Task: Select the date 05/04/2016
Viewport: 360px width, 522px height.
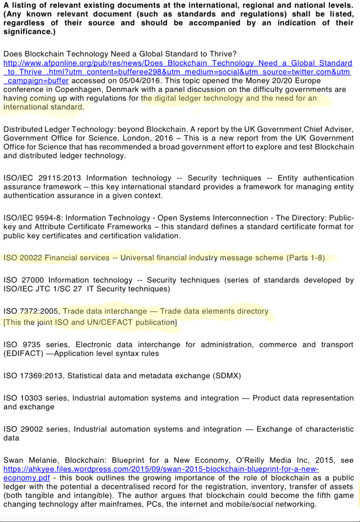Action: tap(139, 81)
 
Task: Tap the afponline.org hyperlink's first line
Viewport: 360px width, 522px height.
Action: tap(178, 63)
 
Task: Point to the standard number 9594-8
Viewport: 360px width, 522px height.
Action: tap(49, 218)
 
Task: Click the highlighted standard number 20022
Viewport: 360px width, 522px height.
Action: tap(31, 258)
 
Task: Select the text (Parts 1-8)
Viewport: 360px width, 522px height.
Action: tap(306, 258)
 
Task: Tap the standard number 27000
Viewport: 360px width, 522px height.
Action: tap(33, 280)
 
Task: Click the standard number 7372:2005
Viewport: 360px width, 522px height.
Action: tap(40, 311)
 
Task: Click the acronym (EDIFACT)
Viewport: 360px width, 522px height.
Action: tap(23, 353)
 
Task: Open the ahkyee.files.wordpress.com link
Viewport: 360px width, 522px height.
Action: tap(161, 469)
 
